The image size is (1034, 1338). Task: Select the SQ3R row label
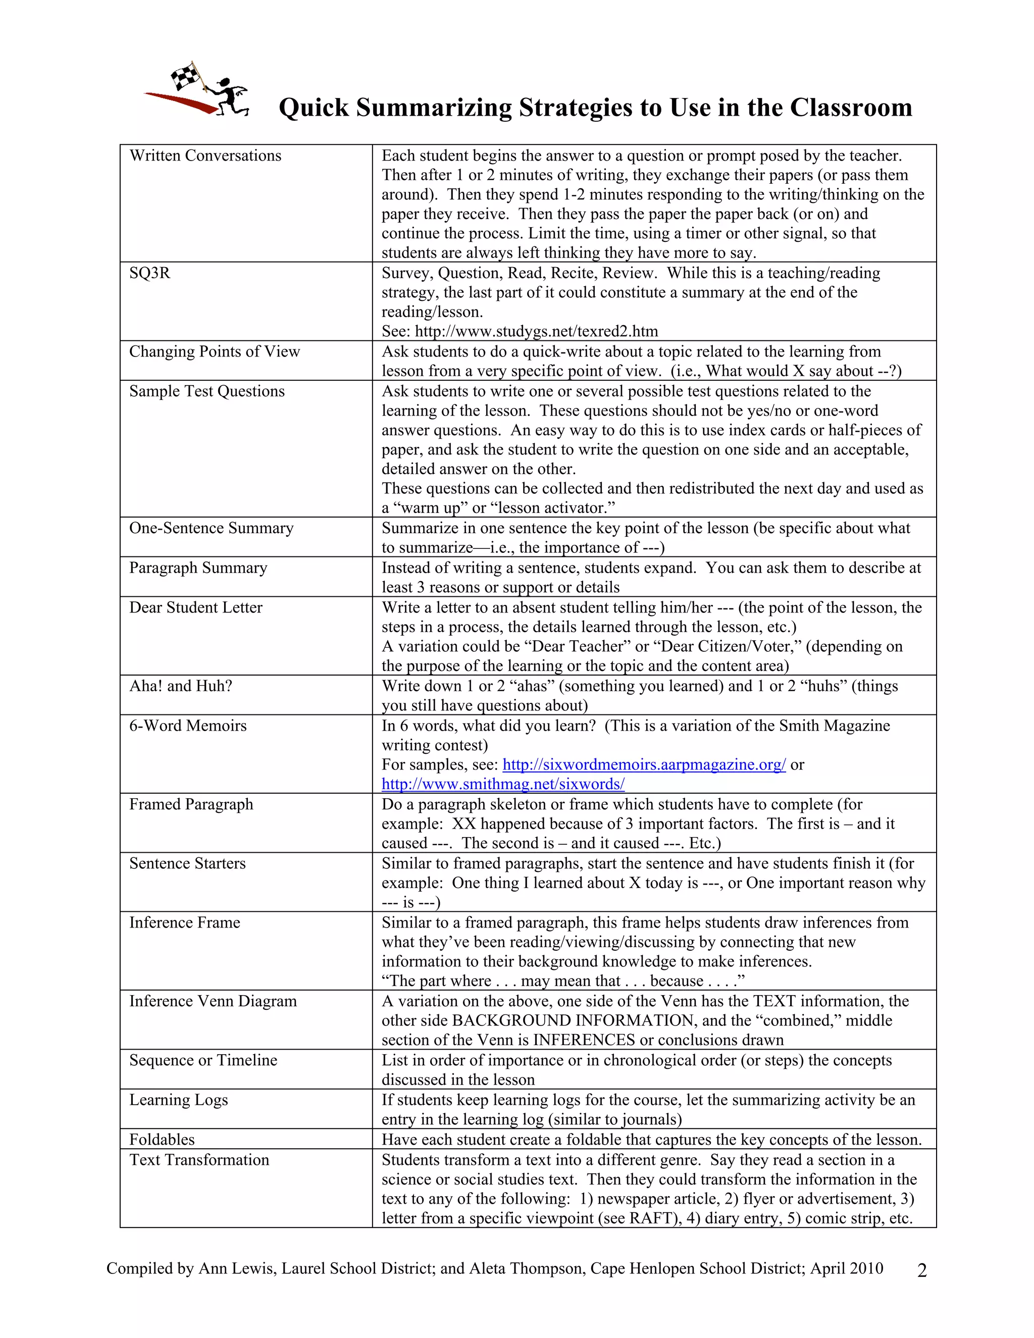point(149,273)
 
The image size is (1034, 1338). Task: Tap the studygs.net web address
point(536,331)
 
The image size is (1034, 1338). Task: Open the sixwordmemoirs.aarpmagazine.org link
point(644,764)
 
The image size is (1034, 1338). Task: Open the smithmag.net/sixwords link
point(503,784)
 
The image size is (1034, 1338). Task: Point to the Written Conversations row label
point(205,156)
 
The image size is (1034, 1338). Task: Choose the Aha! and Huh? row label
point(181,686)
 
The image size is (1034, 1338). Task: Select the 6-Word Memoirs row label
point(187,726)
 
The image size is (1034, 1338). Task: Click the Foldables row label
point(162,1140)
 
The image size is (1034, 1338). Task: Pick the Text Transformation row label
point(199,1160)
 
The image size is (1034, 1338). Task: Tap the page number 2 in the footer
point(922,1271)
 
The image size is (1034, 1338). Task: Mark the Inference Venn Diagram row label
point(213,1001)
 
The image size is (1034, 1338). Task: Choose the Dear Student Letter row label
point(195,608)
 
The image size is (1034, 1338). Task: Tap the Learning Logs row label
point(178,1100)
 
